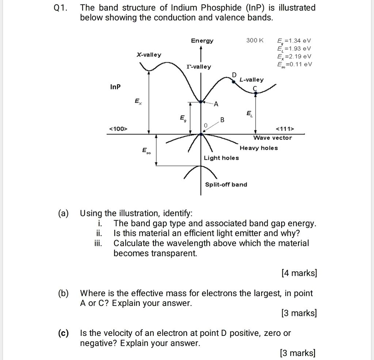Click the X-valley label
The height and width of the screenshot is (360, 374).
(x=149, y=55)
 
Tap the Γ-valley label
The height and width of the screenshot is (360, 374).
(x=198, y=67)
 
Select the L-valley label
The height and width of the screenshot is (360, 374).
(x=251, y=80)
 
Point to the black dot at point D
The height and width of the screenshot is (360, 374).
(x=234, y=82)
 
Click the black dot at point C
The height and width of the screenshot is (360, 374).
(x=255, y=94)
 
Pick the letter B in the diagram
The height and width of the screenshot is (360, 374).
(x=222, y=120)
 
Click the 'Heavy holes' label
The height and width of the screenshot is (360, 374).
(x=259, y=148)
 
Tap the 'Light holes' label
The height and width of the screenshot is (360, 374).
(x=221, y=158)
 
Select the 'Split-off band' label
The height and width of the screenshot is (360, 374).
(x=226, y=185)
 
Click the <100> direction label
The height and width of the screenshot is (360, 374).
(x=118, y=129)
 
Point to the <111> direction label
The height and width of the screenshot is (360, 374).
(x=285, y=129)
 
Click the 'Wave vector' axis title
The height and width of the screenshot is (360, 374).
(x=273, y=138)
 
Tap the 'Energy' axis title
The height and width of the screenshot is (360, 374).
(x=202, y=41)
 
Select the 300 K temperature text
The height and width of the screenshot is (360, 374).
(x=255, y=40)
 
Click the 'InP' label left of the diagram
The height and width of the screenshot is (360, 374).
(x=115, y=87)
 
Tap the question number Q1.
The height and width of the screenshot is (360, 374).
(x=60, y=8)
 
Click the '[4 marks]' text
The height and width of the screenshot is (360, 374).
(x=299, y=273)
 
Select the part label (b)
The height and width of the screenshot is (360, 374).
(x=63, y=293)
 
